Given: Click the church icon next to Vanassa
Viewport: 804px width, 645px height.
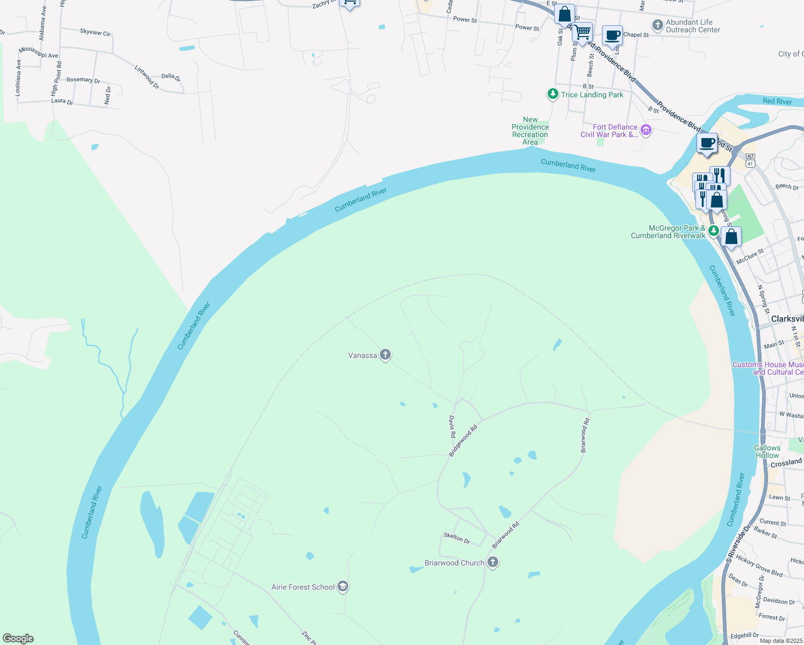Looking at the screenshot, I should coord(385,355).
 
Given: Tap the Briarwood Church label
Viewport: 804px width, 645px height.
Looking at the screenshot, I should coord(454,563).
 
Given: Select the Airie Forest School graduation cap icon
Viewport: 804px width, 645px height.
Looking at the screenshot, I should coord(343,586).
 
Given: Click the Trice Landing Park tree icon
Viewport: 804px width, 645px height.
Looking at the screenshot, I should coord(552,94).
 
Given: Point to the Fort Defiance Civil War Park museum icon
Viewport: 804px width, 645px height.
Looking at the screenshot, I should coord(646,130).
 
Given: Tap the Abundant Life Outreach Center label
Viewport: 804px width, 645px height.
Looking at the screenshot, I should coord(693,26).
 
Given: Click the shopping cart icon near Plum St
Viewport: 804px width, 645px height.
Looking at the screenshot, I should coord(583,33).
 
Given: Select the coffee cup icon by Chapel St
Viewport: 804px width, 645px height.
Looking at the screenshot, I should coord(612,36).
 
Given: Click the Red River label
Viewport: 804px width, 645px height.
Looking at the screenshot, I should coord(777,101).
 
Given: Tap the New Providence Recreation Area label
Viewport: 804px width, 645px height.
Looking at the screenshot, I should coord(530,131).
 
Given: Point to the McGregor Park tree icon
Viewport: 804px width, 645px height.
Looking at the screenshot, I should coord(713,231).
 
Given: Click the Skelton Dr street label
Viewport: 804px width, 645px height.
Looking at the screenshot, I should coord(457,537).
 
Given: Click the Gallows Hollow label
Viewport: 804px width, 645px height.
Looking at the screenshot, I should coord(767,451).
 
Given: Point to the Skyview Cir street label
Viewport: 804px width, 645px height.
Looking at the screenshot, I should coord(95,32).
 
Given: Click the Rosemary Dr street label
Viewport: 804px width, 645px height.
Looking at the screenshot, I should coord(83,80).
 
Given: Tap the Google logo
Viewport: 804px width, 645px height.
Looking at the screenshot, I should coord(18,639).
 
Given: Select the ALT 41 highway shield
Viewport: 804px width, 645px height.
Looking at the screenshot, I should coord(750,160).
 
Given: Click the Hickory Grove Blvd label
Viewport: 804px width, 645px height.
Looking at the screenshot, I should coord(759,565).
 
